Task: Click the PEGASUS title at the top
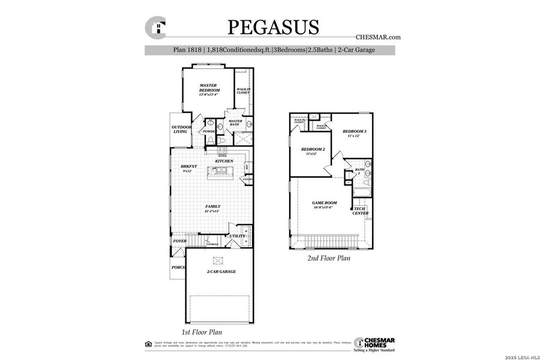click(x=273, y=28)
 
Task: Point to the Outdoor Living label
click(x=181, y=129)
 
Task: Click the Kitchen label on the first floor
click(x=224, y=161)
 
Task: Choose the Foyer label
click(x=179, y=241)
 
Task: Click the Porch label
click(x=178, y=268)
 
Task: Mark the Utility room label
click(x=236, y=236)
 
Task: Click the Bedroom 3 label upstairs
click(x=354, y=133)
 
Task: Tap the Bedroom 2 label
click(x=312, y=151)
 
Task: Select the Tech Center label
click(x=360, y=211)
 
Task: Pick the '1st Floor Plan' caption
click(x=202, y=332)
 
